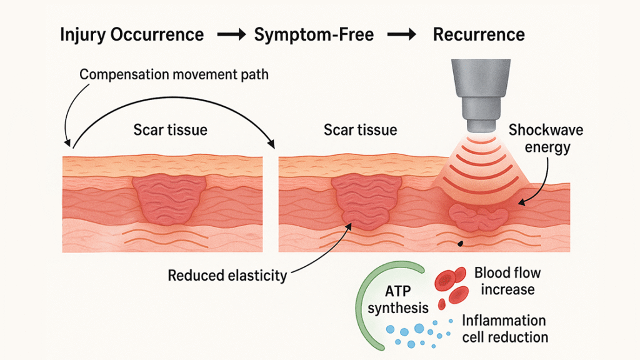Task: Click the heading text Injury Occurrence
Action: tap(131, 35)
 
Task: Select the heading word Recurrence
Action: tap(479, 35)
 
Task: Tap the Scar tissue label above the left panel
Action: tap(170, 131)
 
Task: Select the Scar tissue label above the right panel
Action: tap(360, 131)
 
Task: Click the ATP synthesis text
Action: tap(398, 299)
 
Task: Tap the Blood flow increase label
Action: tap(507, 281)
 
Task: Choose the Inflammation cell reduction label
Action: tap(504, 329)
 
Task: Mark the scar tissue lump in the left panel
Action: tap(170, 197)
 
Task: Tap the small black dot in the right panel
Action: tap(460, 243)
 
